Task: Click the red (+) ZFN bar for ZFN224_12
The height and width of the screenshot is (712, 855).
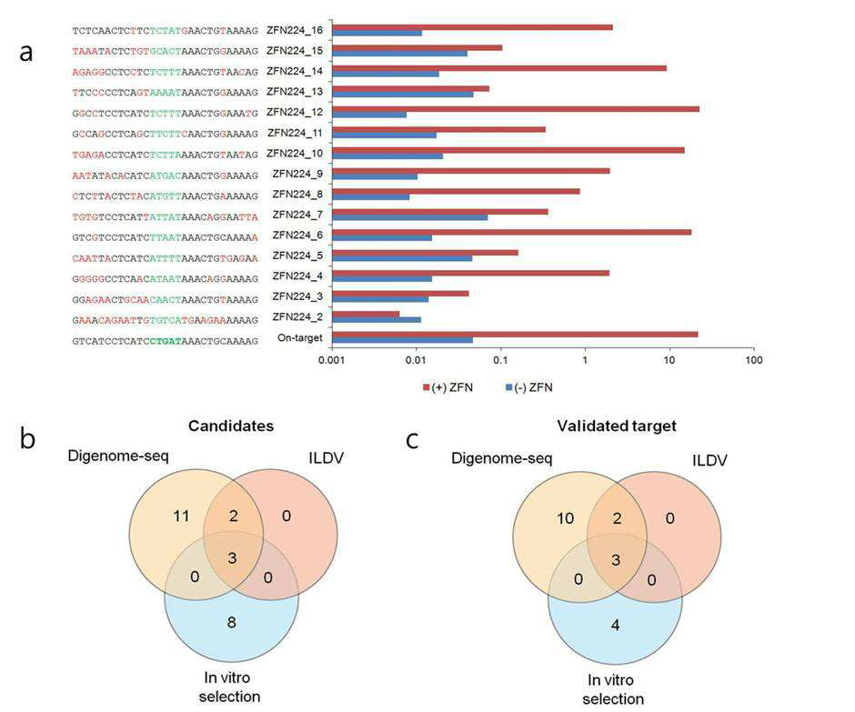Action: click(516, 109)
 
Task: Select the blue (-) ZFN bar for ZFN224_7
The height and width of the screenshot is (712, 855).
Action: click(410, 217)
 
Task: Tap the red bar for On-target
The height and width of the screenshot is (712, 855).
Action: click(516, 335)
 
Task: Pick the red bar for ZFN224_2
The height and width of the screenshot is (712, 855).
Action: click(366, 314)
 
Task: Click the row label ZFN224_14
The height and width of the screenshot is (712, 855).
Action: click(295, 71)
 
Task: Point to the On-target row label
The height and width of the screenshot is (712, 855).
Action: click(300, 337)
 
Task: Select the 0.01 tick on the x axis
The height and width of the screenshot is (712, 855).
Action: click(416, 360)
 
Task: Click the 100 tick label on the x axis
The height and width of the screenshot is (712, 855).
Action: click(754, 360)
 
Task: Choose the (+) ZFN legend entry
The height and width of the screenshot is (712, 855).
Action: click(448, 387)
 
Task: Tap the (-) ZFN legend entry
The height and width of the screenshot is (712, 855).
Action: click(529, 387)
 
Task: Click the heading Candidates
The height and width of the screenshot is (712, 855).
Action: click(231, 426)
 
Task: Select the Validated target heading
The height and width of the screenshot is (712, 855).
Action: click(617, 426)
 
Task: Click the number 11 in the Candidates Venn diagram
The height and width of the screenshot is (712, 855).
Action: click(181, 516)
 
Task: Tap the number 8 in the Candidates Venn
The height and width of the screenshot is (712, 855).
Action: click(232, 623)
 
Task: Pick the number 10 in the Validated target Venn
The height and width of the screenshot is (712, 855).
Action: click(566, 518)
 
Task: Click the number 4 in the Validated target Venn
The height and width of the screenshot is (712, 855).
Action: click(615, 625)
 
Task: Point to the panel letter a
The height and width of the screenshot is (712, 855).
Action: click(25, 53)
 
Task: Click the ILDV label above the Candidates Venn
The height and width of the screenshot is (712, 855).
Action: click(326, 458)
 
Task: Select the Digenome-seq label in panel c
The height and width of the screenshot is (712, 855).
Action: click(502, 458)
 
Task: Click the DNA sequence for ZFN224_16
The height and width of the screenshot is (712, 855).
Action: click(166, 31)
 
